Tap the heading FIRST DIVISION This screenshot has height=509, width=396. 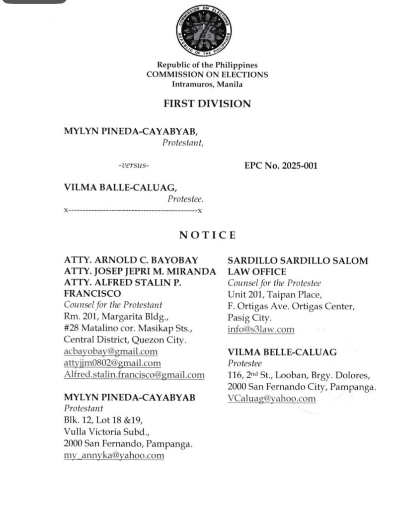tap(207, 104)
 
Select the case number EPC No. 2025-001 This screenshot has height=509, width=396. tap(277, 166)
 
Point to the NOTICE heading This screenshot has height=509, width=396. tap(207, 235)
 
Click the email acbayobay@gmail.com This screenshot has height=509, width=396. tap(110, 352)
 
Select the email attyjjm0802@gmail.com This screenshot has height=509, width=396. tap(112, 363)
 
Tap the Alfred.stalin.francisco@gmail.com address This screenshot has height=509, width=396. tap(134, 375)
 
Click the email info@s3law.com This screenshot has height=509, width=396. tap(260, 329)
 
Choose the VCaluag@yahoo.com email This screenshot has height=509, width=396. tap(271, 398)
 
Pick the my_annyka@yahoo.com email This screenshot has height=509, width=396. tap(114, 455)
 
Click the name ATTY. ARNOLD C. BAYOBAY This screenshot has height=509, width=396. tap(131, 260)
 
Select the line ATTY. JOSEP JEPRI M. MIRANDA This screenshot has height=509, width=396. tap(140, 271)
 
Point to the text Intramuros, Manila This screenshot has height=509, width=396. tap(207, 85)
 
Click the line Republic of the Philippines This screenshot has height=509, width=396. tap(207, 65)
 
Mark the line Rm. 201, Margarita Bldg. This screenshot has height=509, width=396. tap(108, 317)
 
